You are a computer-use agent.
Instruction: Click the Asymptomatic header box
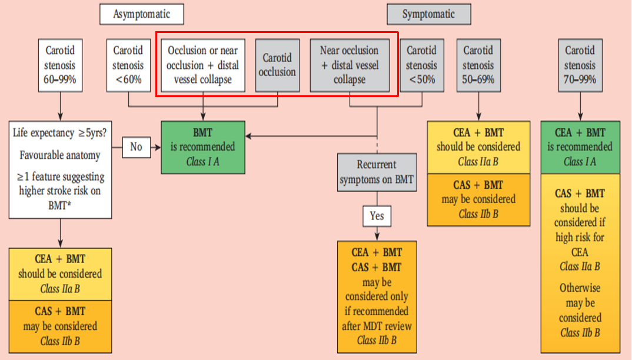(141, 14)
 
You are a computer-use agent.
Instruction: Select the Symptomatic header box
(428, 14)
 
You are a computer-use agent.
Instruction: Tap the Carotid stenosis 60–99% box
(59, 65)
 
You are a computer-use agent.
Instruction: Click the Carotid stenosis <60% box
(128, 65)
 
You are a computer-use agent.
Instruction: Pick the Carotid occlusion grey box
(276, 65)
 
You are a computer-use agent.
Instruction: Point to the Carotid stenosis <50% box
(421, 65)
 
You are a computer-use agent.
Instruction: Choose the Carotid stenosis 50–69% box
(478, 65)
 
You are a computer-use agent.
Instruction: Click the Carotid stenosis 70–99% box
(580, 65)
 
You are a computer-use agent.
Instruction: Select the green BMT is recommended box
(203, 147)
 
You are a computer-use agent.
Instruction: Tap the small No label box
(137, 146)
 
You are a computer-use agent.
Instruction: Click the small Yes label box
(377, 216)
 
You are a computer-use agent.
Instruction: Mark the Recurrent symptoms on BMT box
(377, 172)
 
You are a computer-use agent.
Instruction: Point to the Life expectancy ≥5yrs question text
(60, 133)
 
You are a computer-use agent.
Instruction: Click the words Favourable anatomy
(60, 156)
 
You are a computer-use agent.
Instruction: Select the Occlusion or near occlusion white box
(203, 65)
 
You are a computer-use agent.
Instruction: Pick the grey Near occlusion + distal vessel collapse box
(350, 65)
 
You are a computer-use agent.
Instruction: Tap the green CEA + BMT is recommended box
(580, 147)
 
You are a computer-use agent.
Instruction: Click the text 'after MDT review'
(377, 325)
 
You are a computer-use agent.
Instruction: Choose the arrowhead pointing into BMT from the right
(249, 136)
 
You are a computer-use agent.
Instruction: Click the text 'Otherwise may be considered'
(580, 304)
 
